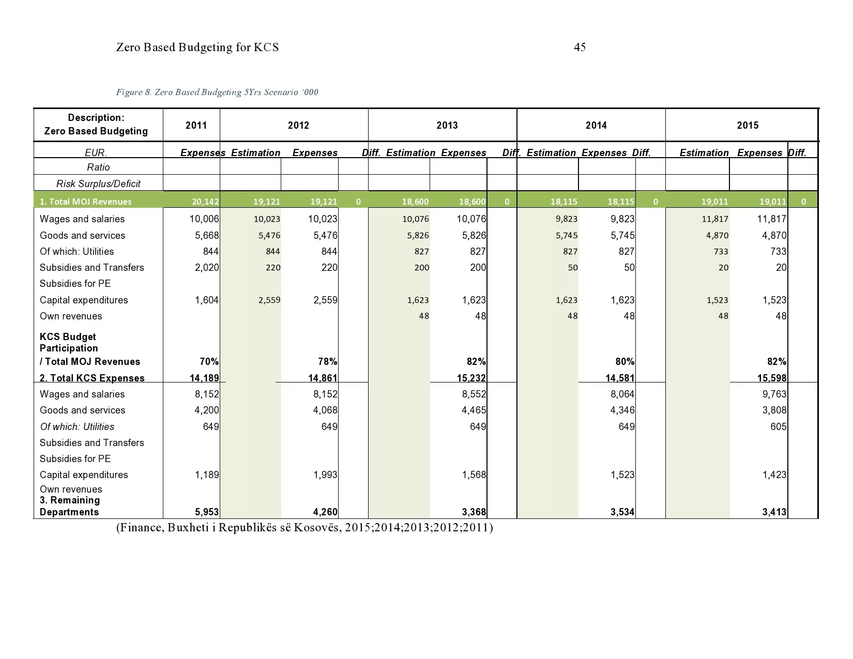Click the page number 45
(580, 48)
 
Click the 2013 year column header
(447, 125)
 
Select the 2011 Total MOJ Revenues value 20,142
(205, 202)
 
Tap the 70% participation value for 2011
(209, 361)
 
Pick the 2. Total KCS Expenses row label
(92, 378)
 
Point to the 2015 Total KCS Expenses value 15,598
(772, 378)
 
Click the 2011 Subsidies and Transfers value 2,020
(207, 267)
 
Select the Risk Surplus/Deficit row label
(98, 183)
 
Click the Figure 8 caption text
(217, 92)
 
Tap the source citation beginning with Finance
(304, 528)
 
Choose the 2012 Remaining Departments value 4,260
(325, 512)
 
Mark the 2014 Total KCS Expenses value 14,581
(620, 378)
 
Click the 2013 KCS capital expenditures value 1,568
(474, 474)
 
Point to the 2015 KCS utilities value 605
(778, 426)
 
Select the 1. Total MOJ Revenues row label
(86, 202)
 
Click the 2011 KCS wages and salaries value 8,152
(207, 394)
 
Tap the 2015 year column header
(748, 125)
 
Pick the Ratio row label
(98, 167)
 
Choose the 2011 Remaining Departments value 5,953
(207, 512)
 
